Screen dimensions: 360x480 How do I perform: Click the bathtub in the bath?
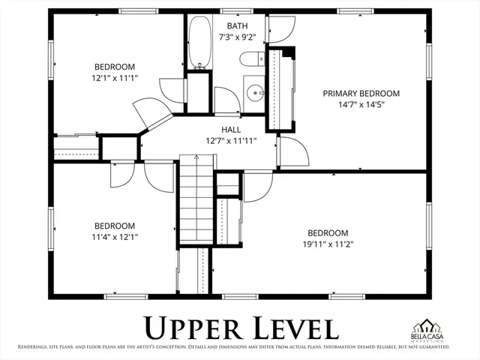pyautogui.click(x=200, y=43)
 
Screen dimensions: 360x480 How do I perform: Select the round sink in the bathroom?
pyautogui.click(x=256, y=94)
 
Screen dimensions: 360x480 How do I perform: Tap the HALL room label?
pyautogui.click(x=230, y=129)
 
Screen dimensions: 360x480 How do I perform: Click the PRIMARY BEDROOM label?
pyautogui.click(x=361, y=94)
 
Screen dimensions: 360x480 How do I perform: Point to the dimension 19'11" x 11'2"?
pyautogui.click(x=328, y=244)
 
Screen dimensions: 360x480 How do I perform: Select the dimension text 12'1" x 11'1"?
pyautogui.click(x=114, y=76)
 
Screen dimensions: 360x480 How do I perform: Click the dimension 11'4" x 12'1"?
pyautogui.click(x=114, y=237)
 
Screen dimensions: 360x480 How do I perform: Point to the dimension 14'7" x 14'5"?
pyautogui.click(x=361, y=105)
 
